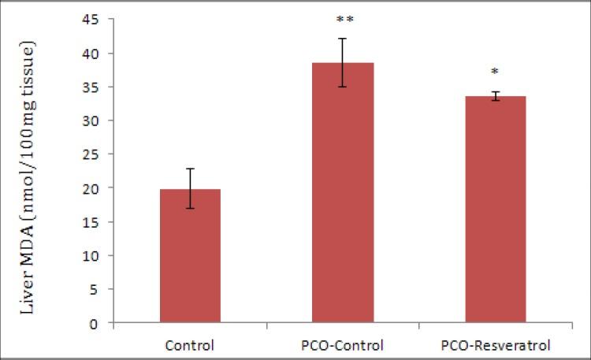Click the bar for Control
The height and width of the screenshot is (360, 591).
tap(190, 256)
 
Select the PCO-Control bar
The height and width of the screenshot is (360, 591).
tap(343, 193)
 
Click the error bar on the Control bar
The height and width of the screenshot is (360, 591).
tap(190, 188)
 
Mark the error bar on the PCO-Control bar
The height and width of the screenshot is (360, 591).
tap(343, 62)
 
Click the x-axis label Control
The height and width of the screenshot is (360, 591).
tap(190, 345)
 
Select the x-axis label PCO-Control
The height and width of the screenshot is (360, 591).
tap(343, 345)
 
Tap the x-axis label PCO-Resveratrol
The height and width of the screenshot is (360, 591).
tap(496, 345)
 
